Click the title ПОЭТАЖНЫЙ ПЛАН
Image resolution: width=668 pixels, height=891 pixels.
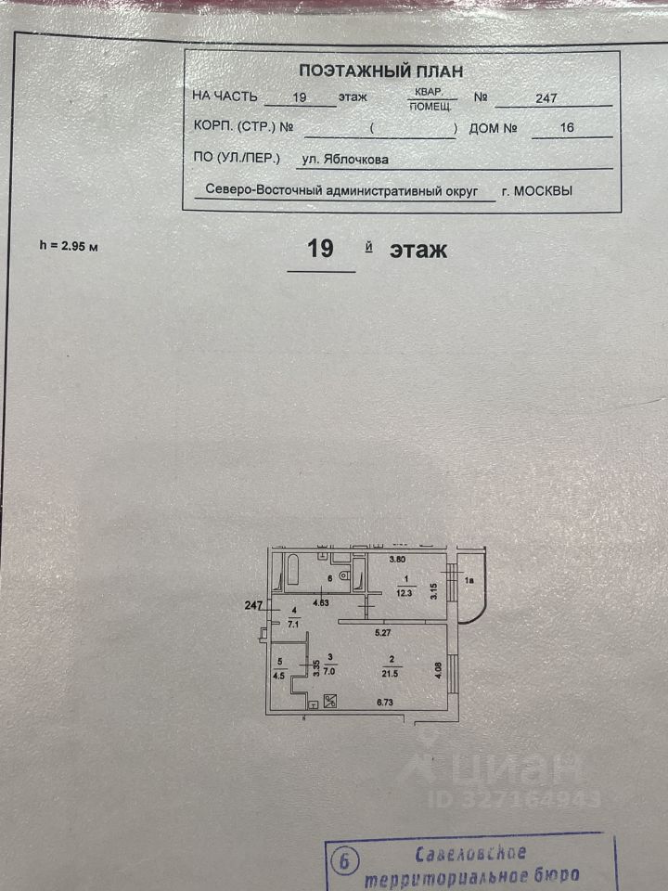tap(381, 71)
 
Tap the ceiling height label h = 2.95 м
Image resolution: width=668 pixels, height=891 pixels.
tap(69, 246)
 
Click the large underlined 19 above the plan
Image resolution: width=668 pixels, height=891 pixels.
tap(320, 250)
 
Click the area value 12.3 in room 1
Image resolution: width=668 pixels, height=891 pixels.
tap(402, 588)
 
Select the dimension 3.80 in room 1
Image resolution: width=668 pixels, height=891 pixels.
tap(397, 559)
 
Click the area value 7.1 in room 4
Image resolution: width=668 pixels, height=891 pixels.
tap(294, 624)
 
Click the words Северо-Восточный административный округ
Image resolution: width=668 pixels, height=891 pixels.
tap(341, 189)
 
